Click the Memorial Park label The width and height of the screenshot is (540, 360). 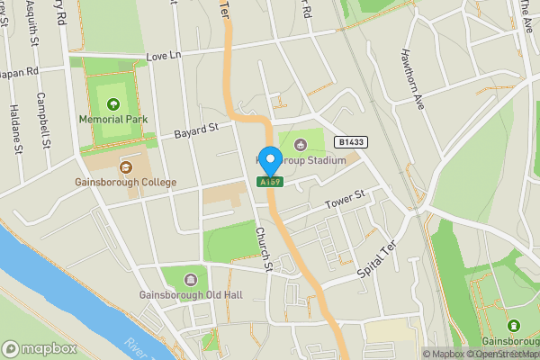coord(112,118)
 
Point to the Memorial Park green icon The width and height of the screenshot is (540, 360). coord(113,103)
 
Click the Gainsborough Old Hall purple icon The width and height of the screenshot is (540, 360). coord(190,279)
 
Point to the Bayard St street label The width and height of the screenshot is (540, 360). coord(197,130)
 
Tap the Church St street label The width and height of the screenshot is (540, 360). coord(263,247)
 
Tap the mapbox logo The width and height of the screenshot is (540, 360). coord(39,348)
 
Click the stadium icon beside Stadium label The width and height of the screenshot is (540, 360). coord(300,146)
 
